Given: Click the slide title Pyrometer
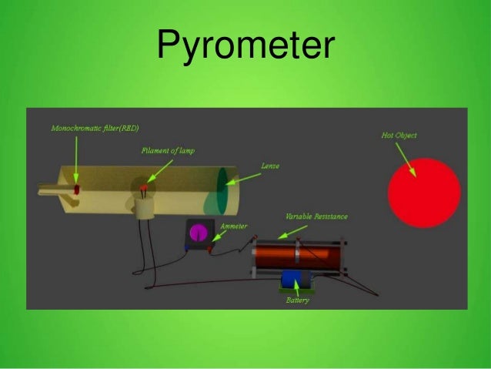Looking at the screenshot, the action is pyautogui.click(x=245, y=45).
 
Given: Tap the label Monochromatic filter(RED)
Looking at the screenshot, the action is pyautogui.click(x=95, y=127).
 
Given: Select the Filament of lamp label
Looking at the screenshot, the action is pyautogui.click(x=168, y=151).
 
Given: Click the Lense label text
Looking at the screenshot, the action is pyautogui.click(x=269, y=166).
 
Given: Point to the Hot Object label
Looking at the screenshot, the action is pyautogui.click(x=399, y=135).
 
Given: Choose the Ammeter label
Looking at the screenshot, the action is pyautogui.click(x=233, y=227).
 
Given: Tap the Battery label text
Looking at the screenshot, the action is pyautogui.click(x=297, y=300).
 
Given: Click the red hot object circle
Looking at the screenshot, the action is pyautogui.click(x=423, y=193).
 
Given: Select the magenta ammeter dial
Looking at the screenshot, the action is pyautogui.click(x=199, y=232).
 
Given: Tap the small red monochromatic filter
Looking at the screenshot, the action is pyautogui.click(x=76, y=189).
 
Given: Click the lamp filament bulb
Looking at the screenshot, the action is pyautogui.click(x=143, y=189).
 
